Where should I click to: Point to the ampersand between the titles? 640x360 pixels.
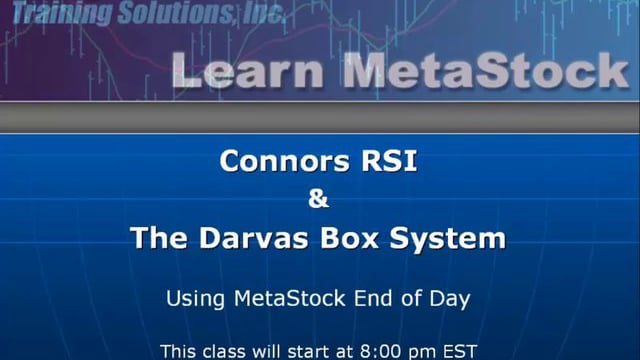[x=319, y=199]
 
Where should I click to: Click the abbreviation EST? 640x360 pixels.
[x=460, y=351]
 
